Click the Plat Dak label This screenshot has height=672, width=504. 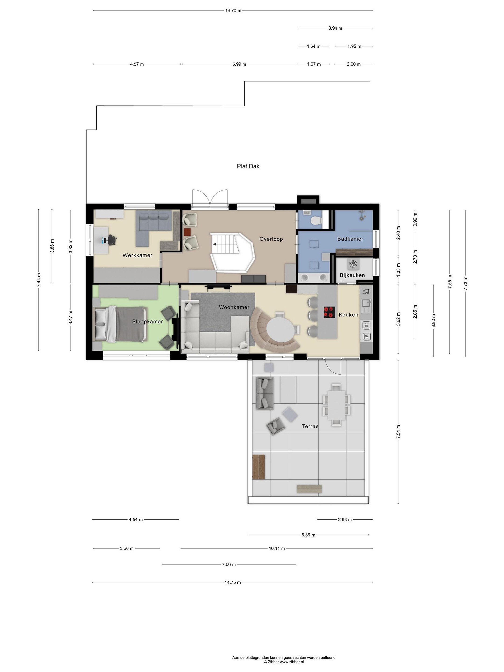pyautogui.click(x=248, y=166)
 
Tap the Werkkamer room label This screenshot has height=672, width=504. pyautogui.click(x=137, y=255)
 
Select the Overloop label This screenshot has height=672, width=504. pyautogui.click(x=271, y=239)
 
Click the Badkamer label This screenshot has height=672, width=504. pyautogui.click(x=350, y=239)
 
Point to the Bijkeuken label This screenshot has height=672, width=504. pyautogui.click(x=352, y=275)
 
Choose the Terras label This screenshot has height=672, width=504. pyautogui.click(x=310, y=426)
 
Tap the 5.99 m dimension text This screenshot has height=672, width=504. pyautogui.click(x=239, y=64)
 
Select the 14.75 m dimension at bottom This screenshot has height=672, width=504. pyautogui.click(x=233, y=582)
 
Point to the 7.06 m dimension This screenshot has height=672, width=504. pyautogui.click(x=229, y=564)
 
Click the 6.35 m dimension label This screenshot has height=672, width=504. pyautogui.click(x=308, y=535)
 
